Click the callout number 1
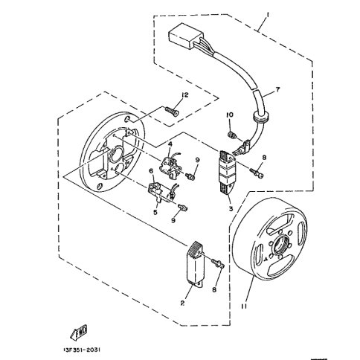pos(268,16)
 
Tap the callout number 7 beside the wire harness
pos(277,89)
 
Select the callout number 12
pos(184,94)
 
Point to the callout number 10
pos(230,115)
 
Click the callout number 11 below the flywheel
pos(244,306)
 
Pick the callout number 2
pos(182,303)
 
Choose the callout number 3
pos(231,209)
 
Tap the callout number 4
pos(170,144)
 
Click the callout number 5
pos(155,212)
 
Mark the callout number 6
pos(151,171)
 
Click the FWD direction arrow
pos(78,332)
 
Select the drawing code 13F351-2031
pos(82,350)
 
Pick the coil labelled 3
pos(226,172)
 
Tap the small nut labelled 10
pos(231,135)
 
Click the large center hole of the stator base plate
pos(116,155)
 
